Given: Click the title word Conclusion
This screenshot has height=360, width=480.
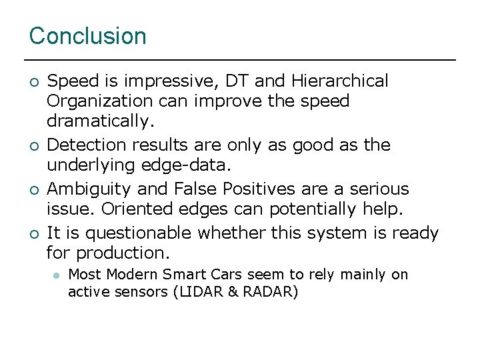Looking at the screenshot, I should point(87,36).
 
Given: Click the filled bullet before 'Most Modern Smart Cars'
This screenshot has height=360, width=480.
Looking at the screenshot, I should point(57,275).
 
